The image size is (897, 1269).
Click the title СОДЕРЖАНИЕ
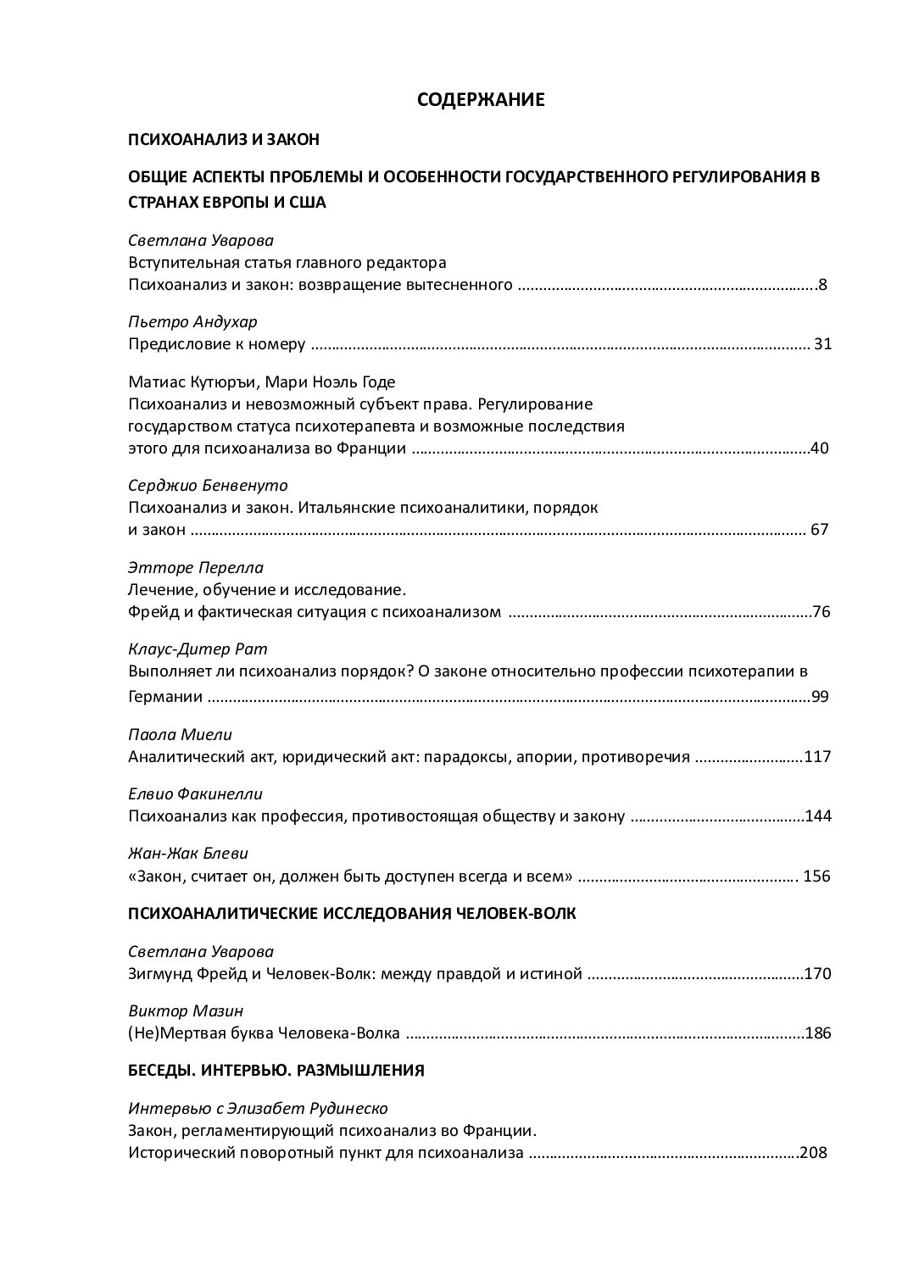click(480, 100)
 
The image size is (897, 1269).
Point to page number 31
click(822, 344)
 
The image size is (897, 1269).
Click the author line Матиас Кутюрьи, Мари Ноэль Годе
click(262, 381)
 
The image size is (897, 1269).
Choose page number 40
click(819, 448)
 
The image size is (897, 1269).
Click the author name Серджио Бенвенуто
click(209, 486)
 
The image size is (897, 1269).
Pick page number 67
click(819, 530)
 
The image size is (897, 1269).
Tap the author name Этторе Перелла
click(196, 567)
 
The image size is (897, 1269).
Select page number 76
click(820, 611)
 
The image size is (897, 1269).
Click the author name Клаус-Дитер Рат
click(198, 649)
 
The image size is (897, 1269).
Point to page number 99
click(819, 697)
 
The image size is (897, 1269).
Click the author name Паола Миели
click(180, 734)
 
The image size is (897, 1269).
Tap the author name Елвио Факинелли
click(196, 794)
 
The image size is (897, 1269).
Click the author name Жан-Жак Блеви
click(188, 854)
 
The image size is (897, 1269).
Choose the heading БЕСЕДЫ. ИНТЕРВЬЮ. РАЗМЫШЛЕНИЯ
click(276, 1070)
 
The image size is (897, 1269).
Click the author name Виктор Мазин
click(175, 1010)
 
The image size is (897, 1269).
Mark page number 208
click(813, 1153)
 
